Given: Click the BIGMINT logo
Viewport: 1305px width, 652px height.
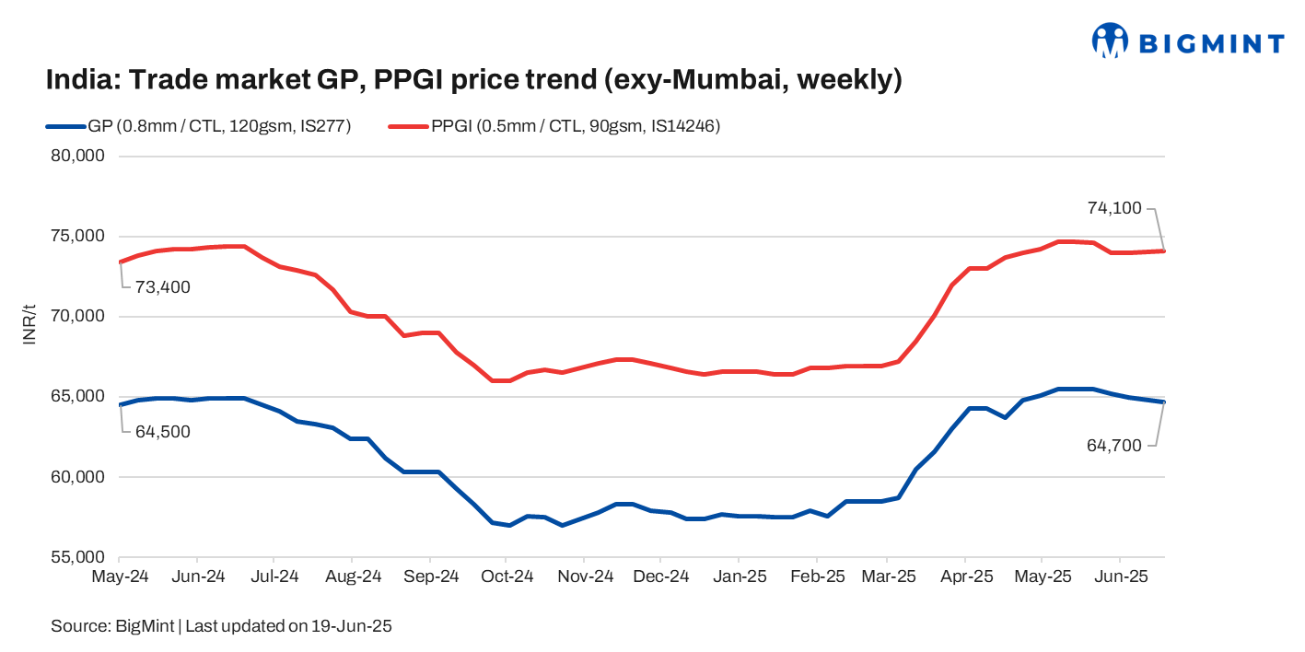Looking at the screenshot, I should coord(1187,41).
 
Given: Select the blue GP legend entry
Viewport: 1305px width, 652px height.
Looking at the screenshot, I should coord(198,127).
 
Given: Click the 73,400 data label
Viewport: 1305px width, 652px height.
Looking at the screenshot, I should coord(163,287).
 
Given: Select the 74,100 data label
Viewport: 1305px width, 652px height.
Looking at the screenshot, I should coord(1114,209).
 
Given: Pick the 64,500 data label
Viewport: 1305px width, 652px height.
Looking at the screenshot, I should coord(163,432).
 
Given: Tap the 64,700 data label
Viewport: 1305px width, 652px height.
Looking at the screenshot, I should coord(1114,446).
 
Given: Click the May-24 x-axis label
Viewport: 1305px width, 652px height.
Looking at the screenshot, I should coord(121,577).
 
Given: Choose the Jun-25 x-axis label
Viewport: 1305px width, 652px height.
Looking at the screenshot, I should coord(1120,577).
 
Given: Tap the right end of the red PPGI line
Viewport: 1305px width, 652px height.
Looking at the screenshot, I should coord(1164,250).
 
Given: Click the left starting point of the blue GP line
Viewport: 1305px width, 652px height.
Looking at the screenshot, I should coord(121,404).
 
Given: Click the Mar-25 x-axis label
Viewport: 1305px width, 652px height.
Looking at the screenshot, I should coord(888,577).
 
